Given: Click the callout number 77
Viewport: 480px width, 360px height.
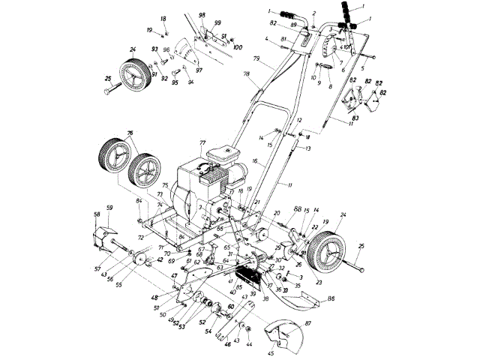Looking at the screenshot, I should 202,142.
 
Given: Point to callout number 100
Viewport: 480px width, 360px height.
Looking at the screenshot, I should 238,47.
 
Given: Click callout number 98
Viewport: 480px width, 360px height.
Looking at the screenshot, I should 202,15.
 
